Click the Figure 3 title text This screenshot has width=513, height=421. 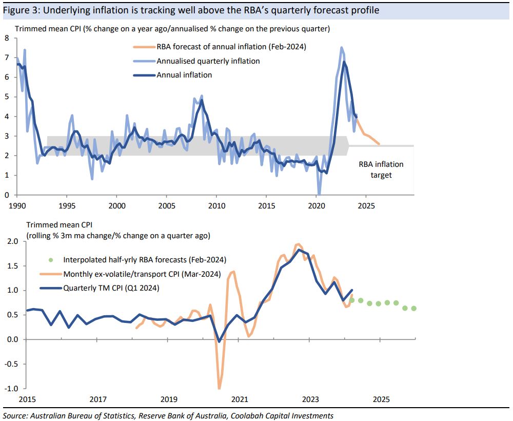191,10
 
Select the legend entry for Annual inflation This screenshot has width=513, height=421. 184,75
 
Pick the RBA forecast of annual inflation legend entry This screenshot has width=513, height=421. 231,47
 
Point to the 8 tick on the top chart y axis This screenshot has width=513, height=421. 7,38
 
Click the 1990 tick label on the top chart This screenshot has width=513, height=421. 17,204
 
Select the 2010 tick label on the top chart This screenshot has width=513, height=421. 216,204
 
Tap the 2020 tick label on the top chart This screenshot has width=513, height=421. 315,204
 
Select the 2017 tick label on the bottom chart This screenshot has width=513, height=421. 97,399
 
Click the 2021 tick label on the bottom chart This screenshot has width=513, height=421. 239,399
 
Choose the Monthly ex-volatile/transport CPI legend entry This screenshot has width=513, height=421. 142,274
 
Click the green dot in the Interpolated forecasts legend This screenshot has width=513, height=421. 49,259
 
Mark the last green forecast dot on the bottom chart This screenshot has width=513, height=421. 414,309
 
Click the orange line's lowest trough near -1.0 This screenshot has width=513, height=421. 220,388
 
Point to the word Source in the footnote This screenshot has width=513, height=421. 15,415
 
